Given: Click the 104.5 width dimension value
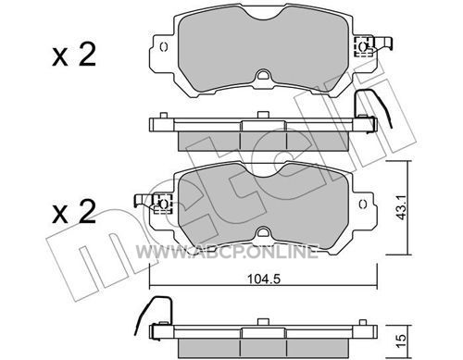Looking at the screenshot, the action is point(263,279).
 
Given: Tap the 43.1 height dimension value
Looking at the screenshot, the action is point(401,208).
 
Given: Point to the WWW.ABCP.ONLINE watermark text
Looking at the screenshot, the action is point(227,252).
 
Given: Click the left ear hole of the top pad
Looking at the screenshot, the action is point(164,47).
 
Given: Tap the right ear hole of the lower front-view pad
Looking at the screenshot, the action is point(363,204).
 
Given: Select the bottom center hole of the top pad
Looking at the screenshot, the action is point(263,75).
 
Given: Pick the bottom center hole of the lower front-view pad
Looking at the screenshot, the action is point(263,231).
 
